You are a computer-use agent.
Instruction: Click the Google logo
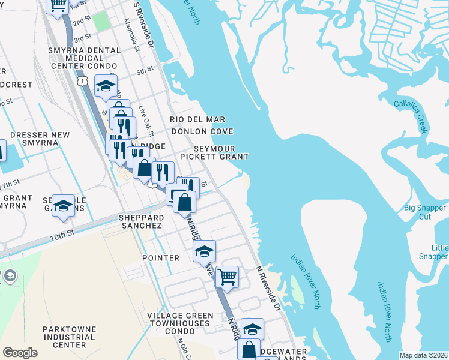pos(20,353)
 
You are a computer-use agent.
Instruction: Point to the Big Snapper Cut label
pos(426,212)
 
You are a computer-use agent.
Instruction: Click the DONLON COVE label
pos(202,131)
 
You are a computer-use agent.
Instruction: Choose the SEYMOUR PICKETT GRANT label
pos(220,152)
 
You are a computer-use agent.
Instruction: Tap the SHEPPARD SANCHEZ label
pos(140,221)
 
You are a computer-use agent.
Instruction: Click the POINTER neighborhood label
pos(161,257)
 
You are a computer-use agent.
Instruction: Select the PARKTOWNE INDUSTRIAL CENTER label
pos(69,337)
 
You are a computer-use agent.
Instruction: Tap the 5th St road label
pos(145,71)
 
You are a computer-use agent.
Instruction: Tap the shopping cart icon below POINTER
pos(227,277)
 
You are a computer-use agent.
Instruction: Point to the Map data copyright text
pos(423,355)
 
